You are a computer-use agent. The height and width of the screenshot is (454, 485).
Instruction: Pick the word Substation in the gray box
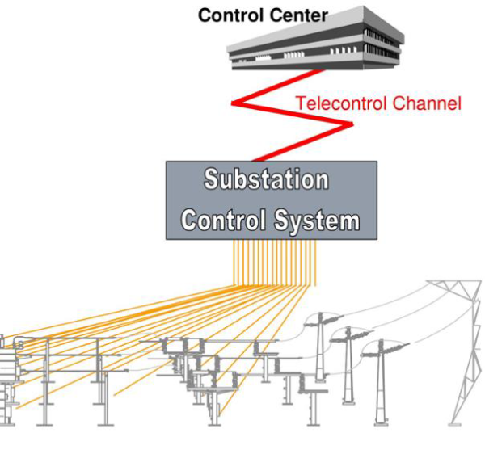(266, 179)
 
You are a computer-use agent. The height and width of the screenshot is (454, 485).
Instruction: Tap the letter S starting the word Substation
(213, 179)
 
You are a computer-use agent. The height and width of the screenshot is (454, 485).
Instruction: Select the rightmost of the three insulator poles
(380, 380)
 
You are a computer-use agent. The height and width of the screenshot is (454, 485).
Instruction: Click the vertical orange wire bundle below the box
(275, 263)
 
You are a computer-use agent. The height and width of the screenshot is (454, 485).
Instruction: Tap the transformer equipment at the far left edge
(6, 380)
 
